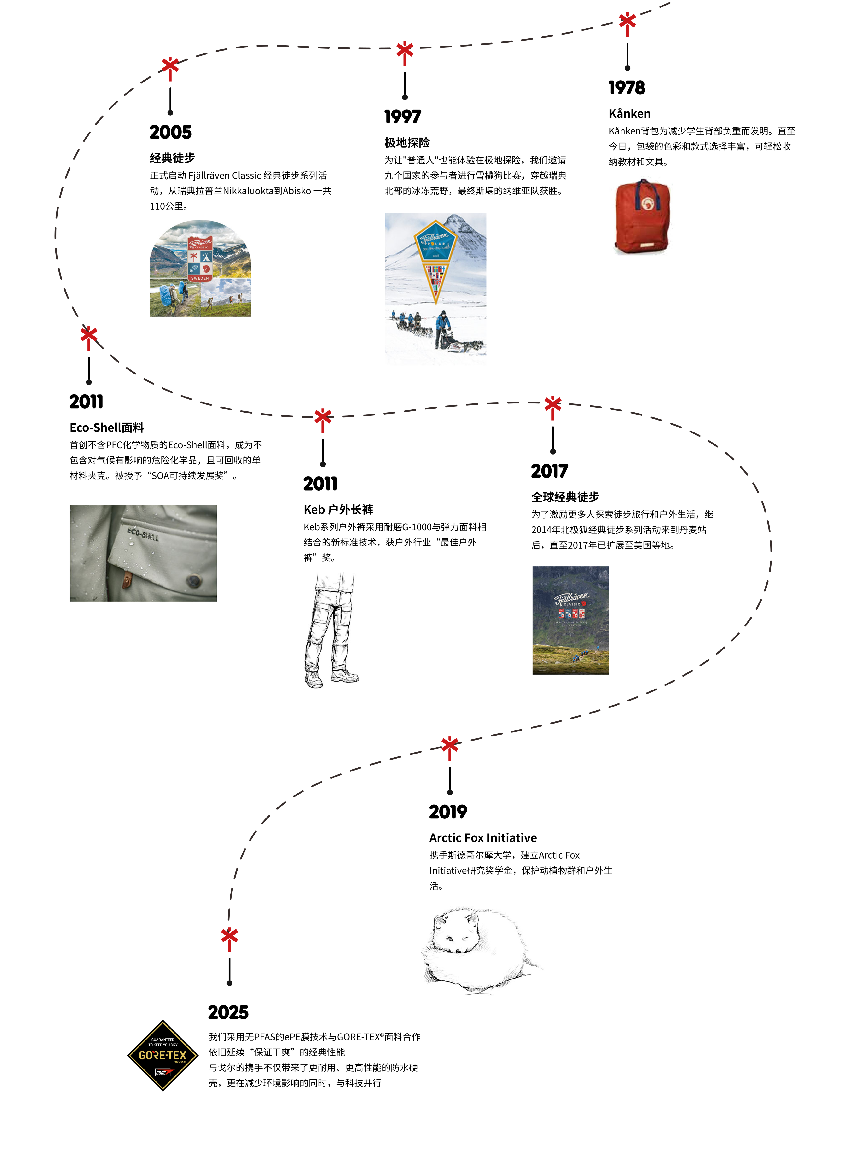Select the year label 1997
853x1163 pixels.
tap(403, 117)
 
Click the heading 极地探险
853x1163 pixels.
tap(407, 143)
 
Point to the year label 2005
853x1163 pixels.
tap(170, 132)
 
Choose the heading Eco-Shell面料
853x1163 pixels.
tap(107, 428)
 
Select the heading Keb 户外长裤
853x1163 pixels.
tap(338, 510)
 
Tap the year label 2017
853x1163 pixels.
tap(549, 471)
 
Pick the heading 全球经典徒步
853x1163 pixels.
tap(565, 497)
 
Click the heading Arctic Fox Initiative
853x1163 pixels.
tap(483, 838)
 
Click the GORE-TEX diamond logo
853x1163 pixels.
tap(163, 1055)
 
